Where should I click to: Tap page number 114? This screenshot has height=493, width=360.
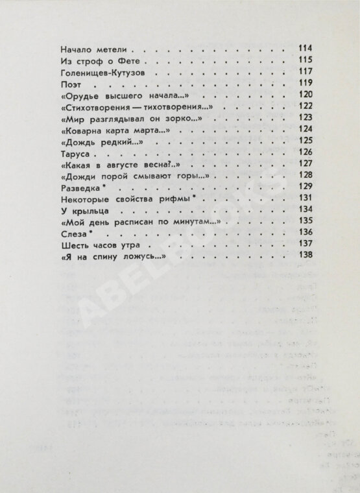pyautogui.click(x=306, y=49)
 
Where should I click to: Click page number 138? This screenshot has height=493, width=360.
pyautogui.click(x=306, y=258)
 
